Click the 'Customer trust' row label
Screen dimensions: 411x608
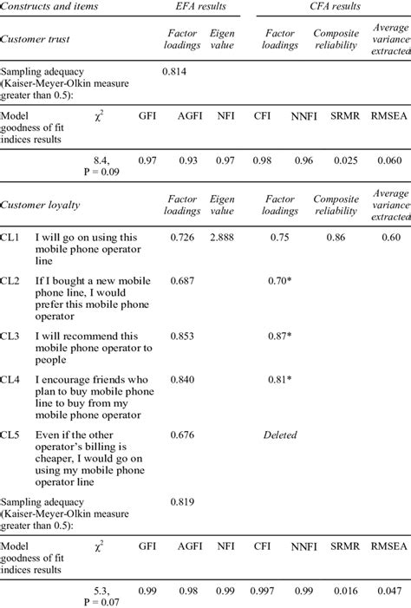coord(36,39)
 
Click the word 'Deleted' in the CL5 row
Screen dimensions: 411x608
coord(281,435)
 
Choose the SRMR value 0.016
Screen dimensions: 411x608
coord(346,590)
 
